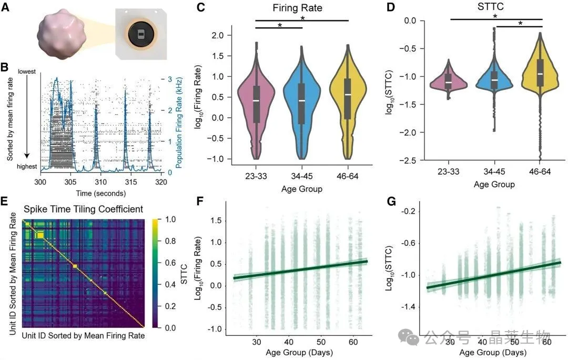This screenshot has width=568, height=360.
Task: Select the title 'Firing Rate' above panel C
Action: click(301, 8)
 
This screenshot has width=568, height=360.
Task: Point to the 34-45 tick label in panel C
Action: click(302, 173)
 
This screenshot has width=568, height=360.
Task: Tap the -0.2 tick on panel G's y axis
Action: click(410, 211)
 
